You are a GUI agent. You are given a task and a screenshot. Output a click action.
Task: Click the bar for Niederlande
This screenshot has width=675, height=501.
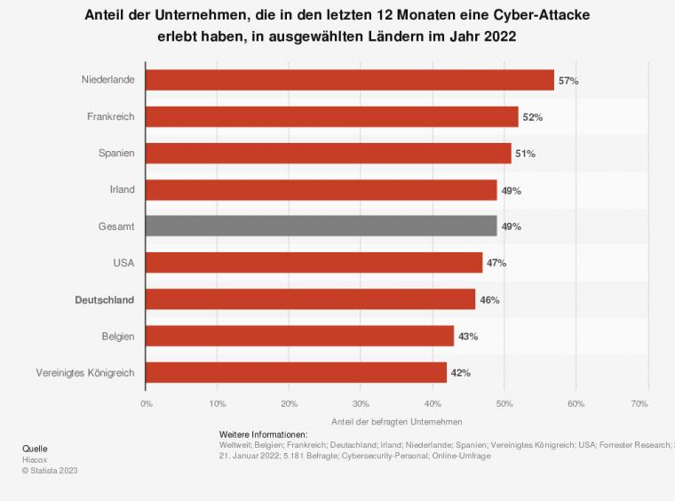pyautogui.click(x=349, y=80)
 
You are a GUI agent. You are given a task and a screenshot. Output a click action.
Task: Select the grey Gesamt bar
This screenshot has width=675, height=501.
pyautogui.click(x=321, y=227)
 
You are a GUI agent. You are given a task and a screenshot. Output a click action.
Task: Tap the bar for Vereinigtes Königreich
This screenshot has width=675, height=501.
pyautogui.click(x=296, y=372)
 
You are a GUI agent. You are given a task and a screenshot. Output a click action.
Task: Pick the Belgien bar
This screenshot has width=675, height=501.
pyautogui.click(x=299, y=336)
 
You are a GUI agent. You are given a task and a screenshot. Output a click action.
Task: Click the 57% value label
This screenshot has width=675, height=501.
pyautogui.click(x=568, y=81)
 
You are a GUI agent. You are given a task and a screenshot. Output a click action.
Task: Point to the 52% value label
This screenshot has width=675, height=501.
pyautogui.click(x=532, y=117)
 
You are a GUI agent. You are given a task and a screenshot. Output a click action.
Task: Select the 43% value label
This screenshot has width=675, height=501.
pyautogui.click(x=468, y=337)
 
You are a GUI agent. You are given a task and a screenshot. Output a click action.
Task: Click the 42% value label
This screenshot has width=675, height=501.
pyautogui.click(x=460, y=373)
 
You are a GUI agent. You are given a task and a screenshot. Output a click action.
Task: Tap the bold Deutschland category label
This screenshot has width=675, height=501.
pyautogui.click(x=104, y=300)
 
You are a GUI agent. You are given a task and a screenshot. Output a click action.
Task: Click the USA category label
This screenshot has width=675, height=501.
pyautogui.click(x=123, y=264)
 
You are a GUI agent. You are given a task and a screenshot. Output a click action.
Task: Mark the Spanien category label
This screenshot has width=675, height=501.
pyautogui.click(x=116, y=154)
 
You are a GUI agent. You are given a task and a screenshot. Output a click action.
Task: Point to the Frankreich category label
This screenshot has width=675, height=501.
pyautogui.click(x=111, y=117)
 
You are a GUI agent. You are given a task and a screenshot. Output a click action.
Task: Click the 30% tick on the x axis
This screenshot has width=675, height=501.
pyautogui.click(x=361, y=403)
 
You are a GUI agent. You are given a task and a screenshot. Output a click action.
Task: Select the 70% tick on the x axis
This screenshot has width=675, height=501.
pyautogui.click(x=639, y=403)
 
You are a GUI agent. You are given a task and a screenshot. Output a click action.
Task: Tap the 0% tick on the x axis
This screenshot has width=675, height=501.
pyautogui.click(x=147, y=403)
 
